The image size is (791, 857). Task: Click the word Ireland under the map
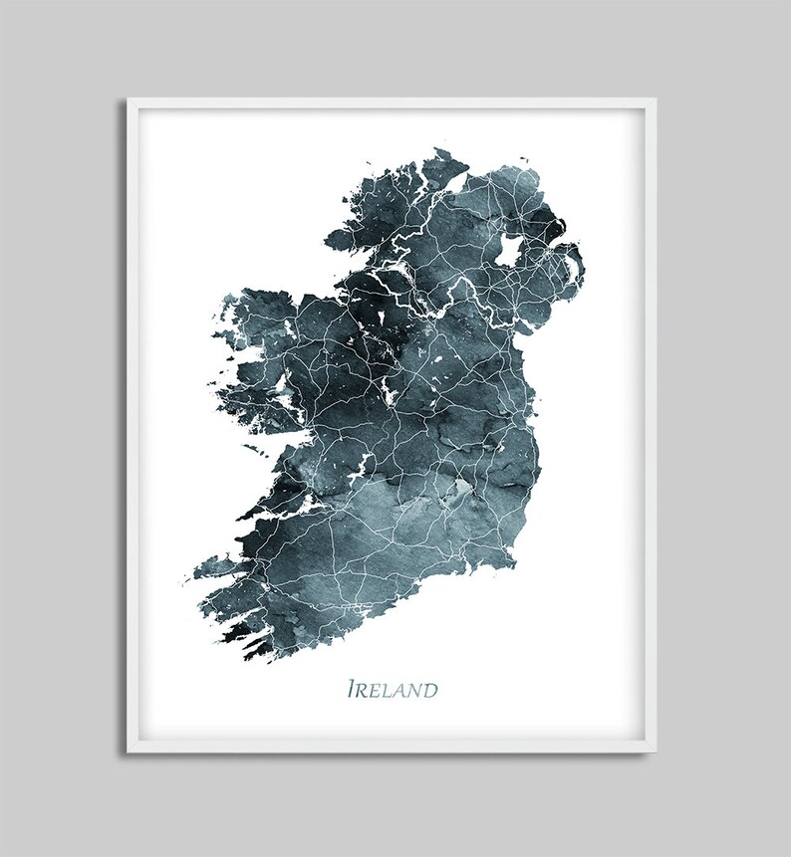click(392, 689)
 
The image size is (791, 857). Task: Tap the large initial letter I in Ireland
click(351, 689)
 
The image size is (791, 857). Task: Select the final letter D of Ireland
click(430, 690)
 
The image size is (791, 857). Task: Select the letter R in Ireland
click(362, 690)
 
